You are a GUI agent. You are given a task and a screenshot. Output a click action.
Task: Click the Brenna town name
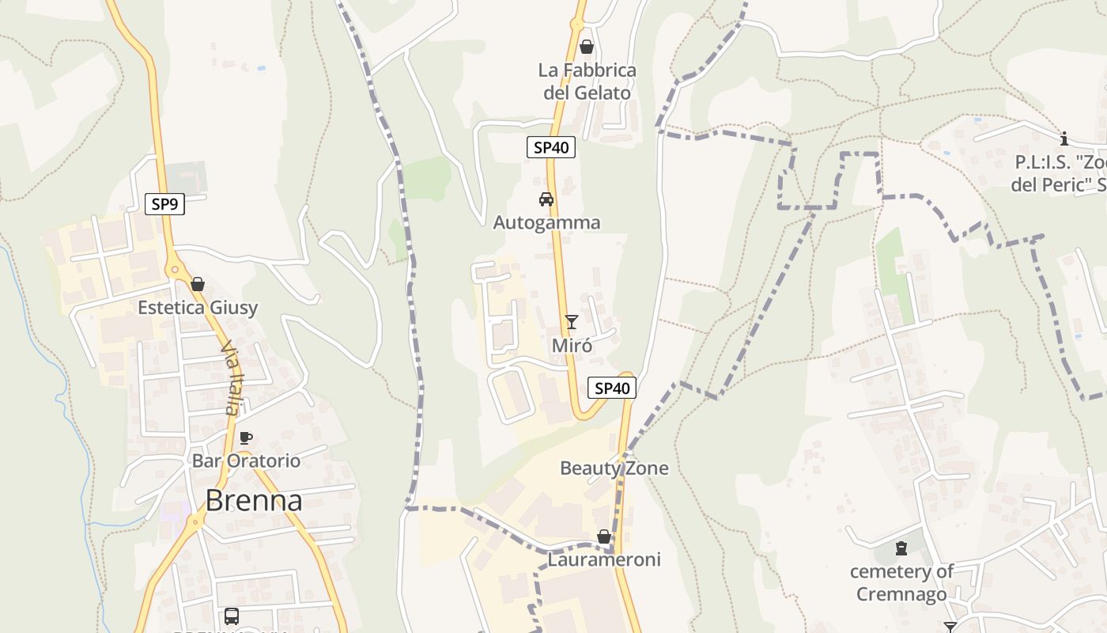pos(254,501)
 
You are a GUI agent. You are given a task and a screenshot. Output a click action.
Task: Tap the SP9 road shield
pos(164,204)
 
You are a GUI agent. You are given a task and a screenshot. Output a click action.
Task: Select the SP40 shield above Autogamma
pos(551,147)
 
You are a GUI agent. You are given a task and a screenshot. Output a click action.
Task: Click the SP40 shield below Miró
pos(612,388)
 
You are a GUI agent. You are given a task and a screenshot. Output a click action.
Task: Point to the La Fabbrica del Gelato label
pos(587,81)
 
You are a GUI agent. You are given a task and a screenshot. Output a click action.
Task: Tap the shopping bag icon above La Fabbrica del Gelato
pos(587,47)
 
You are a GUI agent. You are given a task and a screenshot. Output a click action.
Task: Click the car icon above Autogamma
pos(546,199)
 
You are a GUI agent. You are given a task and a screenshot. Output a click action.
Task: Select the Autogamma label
pos(546,223)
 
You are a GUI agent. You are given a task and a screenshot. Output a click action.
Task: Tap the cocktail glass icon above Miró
pos(572,321)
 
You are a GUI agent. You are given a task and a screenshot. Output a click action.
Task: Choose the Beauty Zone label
pos(614,468)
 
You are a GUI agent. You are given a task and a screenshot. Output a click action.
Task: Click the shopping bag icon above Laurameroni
pos(603,536)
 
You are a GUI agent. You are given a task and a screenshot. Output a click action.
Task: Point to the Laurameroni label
pos(604,560)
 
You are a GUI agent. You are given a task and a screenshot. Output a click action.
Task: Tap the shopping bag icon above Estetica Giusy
pos(198,284)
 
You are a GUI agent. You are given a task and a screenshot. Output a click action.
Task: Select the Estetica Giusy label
pos(198,308)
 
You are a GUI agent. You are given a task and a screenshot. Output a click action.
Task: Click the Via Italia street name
pos(229,378)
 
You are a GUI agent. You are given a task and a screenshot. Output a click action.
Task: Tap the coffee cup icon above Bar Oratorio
pos(246,438)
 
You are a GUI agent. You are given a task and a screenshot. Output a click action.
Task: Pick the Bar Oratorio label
pos(246,461)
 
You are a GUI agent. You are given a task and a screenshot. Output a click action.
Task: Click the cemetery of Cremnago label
pos(901,582)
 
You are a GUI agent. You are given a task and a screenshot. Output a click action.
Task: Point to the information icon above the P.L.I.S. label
pos(1064,139)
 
